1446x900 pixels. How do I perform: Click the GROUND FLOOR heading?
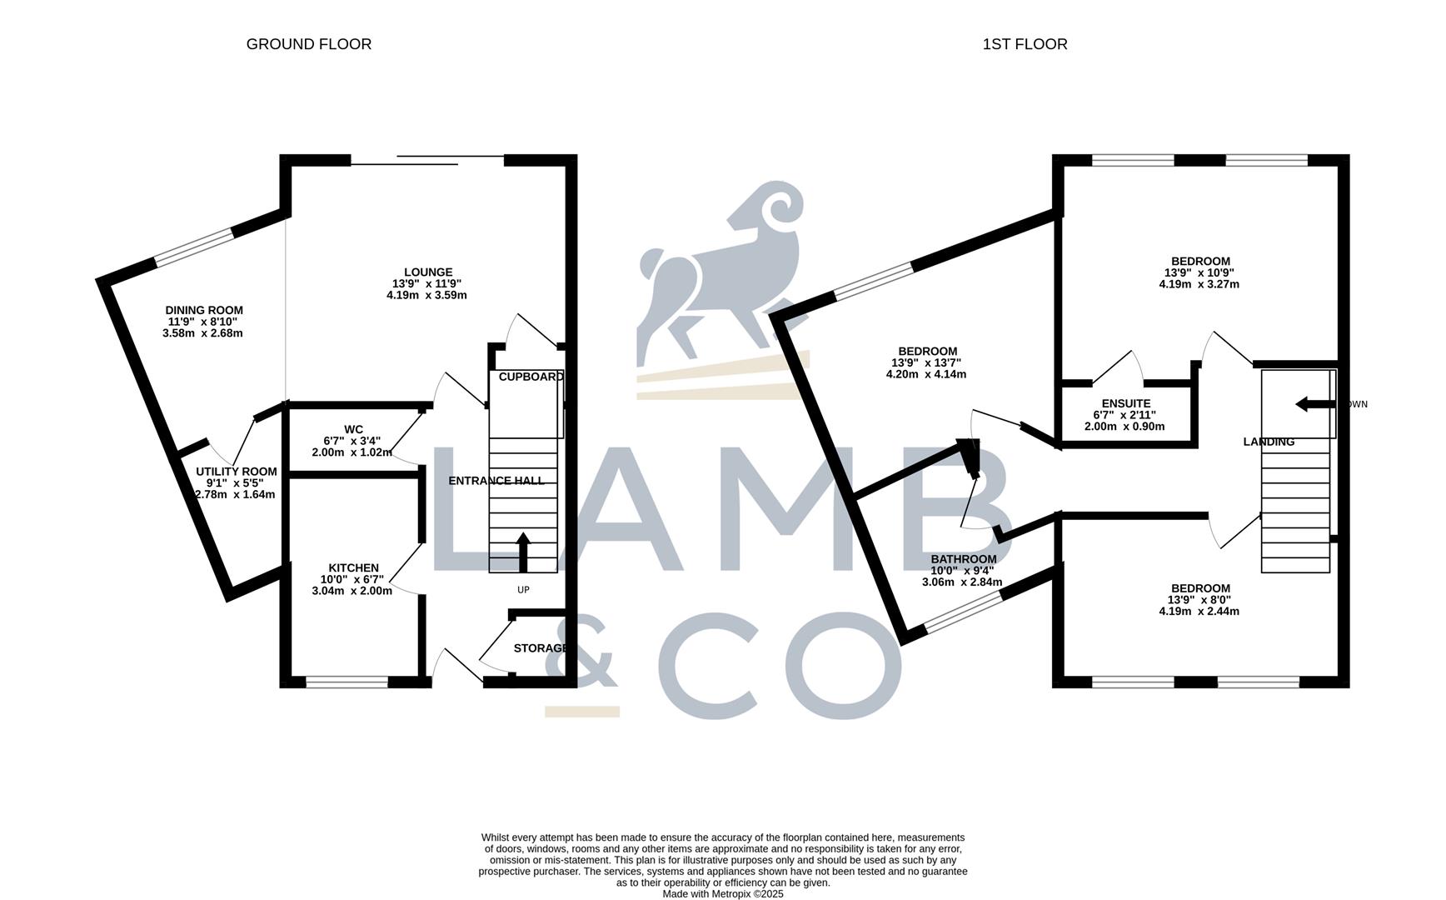click(x=308, y=44)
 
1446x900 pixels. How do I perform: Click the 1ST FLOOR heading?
click(x=1025, y=44)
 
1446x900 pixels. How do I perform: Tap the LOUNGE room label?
click(x=428, y=272)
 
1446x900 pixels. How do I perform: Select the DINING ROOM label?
click(x=203, y=311)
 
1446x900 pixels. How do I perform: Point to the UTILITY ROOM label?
click(x=236, y=472)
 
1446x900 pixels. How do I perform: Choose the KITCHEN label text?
click(x=353, y=568)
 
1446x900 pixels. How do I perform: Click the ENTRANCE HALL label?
click(x=496, y=481)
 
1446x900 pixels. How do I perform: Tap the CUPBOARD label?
click(x=531, y=377)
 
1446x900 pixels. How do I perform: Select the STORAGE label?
click(x=541, y=648)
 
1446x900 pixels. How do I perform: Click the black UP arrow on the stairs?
click(x=523, y=552)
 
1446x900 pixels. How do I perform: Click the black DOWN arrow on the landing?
click(x=1315, y=404)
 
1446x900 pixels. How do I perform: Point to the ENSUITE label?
click(x=1125, y=403)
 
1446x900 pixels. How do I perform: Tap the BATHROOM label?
click(x=963, y=559)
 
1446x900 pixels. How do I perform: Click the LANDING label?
click(x=1269, y=442)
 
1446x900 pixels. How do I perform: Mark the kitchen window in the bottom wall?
click(x=347, y=682)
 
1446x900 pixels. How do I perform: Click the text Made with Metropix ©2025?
click(x=722, y=893)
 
